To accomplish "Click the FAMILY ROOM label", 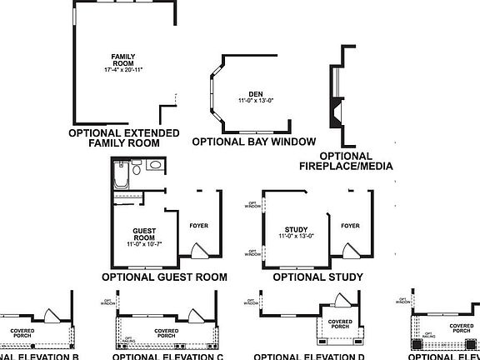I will tap(123, 60).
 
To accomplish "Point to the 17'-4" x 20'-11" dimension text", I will tap(123, 70).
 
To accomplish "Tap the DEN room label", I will tap(244, 94).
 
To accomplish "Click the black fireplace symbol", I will tap(336, 110).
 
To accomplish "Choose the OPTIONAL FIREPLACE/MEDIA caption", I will tap(346, 161).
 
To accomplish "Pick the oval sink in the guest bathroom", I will tap(155, 167).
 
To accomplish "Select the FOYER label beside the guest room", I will tap(199, 226).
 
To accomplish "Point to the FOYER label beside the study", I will tap(350, 226).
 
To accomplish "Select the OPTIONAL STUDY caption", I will tap(317, 277).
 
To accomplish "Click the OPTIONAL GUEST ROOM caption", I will tap(164, 277).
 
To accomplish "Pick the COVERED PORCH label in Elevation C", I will tap(166, 333).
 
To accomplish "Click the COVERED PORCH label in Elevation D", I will tap(339, 323).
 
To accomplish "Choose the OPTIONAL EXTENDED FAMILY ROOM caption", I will tap(123, 137).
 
